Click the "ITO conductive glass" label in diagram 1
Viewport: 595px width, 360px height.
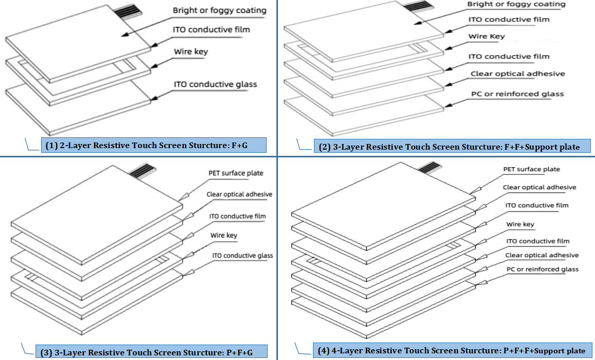[215, 84]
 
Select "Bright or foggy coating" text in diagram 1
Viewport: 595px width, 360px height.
[219, 10]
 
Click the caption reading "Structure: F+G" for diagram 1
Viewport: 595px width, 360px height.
[153, 146]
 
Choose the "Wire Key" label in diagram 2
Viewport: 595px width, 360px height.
[486, 37]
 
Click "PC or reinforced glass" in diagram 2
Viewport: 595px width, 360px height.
[517, 94]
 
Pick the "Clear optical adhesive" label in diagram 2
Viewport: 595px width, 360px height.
[517, 74]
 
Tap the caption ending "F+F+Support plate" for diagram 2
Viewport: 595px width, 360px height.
[449, 147]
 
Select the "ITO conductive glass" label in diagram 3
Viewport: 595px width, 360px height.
[242, 256]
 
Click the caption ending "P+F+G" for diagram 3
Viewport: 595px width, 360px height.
[153, 352]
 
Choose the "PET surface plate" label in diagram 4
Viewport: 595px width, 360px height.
[531, 169]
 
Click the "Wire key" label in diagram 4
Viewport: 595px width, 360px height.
[520, 224]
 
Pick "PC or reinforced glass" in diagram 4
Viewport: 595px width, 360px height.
[542, 269]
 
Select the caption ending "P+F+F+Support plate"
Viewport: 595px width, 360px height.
[451, 351]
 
